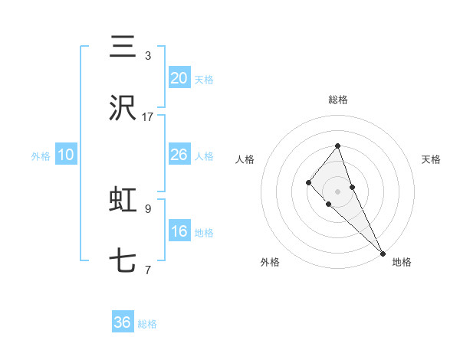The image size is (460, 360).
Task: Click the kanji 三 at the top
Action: pyautogui.click(x=123, y=47)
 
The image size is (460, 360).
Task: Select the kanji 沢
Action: pyautogui.click(x=123, y=109)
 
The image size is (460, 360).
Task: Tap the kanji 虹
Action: pyautogui.click(x=123, y=200)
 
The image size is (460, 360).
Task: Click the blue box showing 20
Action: pyautogui.click(x=179, y=77)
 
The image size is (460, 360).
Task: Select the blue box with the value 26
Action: pyautogui.click(x=179, y=155)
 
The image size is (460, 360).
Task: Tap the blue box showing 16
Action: pyautogui.click(x=179, y=231)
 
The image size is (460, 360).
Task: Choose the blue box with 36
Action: pyautogui.click(x=123, y=322)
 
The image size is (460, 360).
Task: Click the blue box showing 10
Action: pyautogui.click(x=66, y=155)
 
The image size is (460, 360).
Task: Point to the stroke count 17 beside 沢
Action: pyautogui.click(x=148, y=117)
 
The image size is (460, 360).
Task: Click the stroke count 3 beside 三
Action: pyautogui.click(x=148, y=55)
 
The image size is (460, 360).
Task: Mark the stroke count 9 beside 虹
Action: pyautogui.click(x=148, y=208)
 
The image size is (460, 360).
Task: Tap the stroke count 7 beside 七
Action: pyautogui.click(x=148, y=270)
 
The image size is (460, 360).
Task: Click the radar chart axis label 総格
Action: pyautogui.click(x=337, y=100)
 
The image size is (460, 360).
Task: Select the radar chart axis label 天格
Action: pyautogui.click(x=432, y=159)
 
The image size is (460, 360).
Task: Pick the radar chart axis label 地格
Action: pyautogui.click(x=402, y=262)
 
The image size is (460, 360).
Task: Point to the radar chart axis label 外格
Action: pyautogui.click(x=270, y=262)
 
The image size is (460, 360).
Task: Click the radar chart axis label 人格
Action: pyautogui.click(x=245, y=159)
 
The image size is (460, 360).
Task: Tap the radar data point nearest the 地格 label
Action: pyautogui.click(x=382, y=253)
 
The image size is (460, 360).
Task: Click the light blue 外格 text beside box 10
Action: pyautogui.click(x=41, y=155)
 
